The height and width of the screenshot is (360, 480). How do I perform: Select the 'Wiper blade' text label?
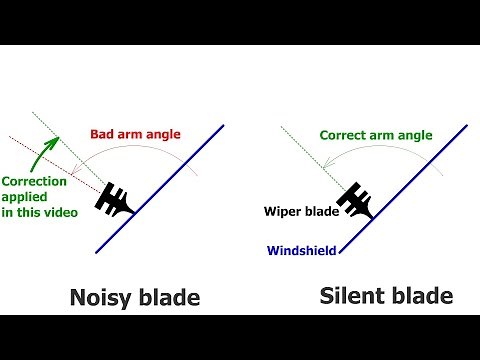point(298,212)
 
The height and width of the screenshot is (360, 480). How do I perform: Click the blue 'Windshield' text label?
point(299,251)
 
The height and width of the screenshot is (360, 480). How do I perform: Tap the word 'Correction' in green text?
point(35,181)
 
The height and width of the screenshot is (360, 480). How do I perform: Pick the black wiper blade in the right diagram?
point(355,201)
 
